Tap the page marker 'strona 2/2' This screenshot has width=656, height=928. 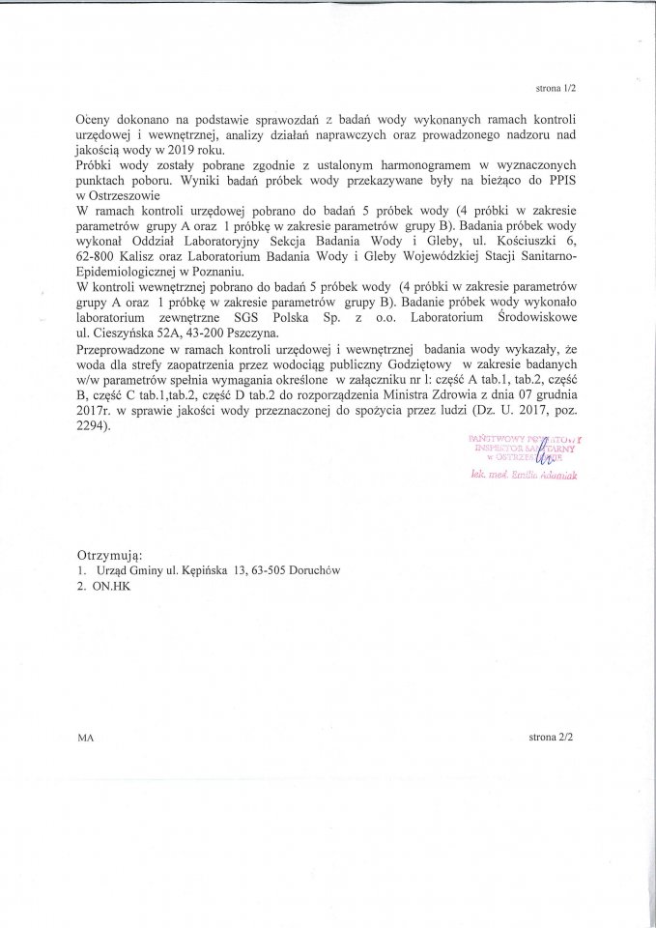click(552, 737)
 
